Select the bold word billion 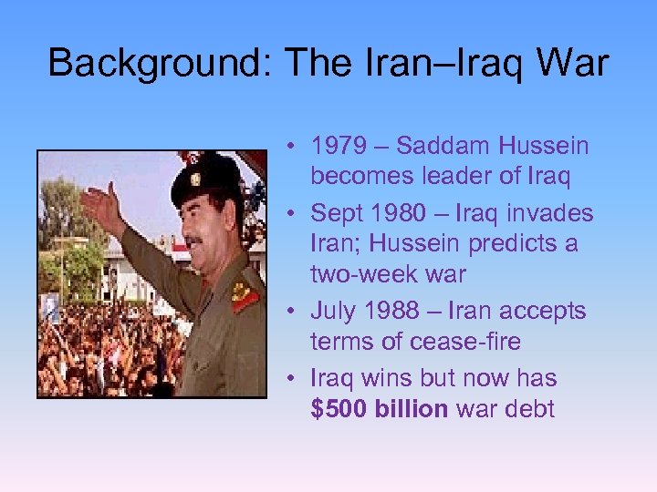pyautogui.click(x=410, y=408)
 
